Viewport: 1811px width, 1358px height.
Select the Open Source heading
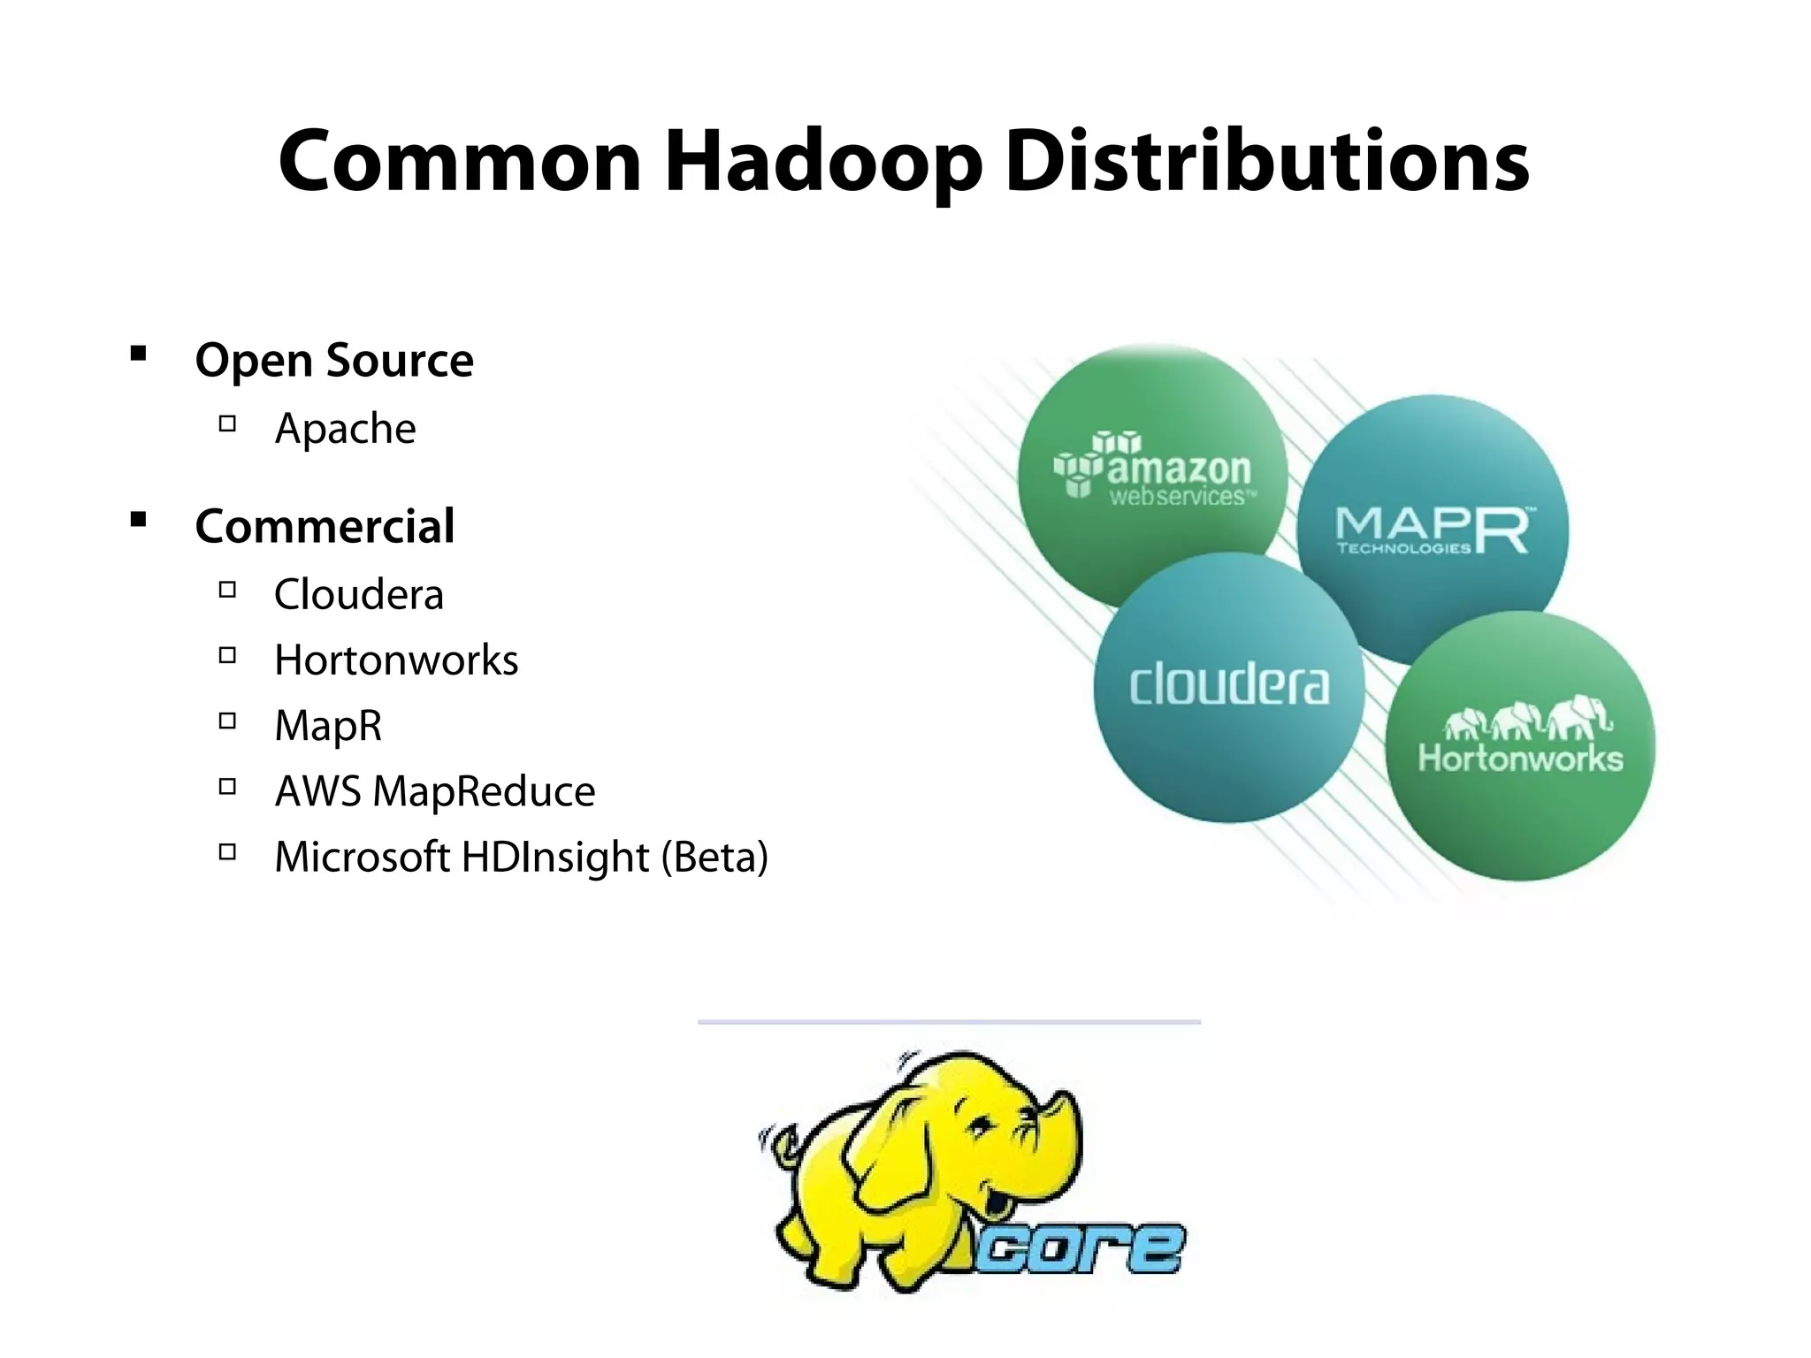(334, 361)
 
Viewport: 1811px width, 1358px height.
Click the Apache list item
(345, 429)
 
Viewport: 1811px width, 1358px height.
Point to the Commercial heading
(325, 527)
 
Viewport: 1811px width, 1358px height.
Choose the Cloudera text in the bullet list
(359, 594)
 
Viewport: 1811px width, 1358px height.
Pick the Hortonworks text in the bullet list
(396, 660)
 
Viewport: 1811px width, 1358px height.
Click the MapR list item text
(328, 726)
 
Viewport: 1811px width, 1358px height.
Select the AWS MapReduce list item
(435, 791)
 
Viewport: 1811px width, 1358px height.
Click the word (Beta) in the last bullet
(715, 857)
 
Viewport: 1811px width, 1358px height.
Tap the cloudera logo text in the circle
(1229, 686)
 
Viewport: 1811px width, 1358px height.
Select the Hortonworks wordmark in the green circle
(1521, 759)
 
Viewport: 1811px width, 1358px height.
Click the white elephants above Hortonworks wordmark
(1527, 718)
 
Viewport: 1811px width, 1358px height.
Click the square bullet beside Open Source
(138, 355)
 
